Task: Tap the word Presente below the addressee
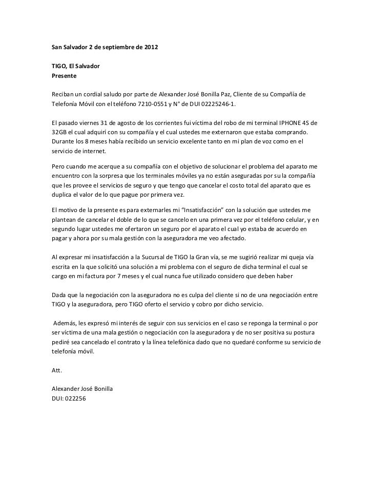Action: point(64,76)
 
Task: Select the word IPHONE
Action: point(292,123)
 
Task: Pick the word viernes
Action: point(86,123)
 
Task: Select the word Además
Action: point(65,324)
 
